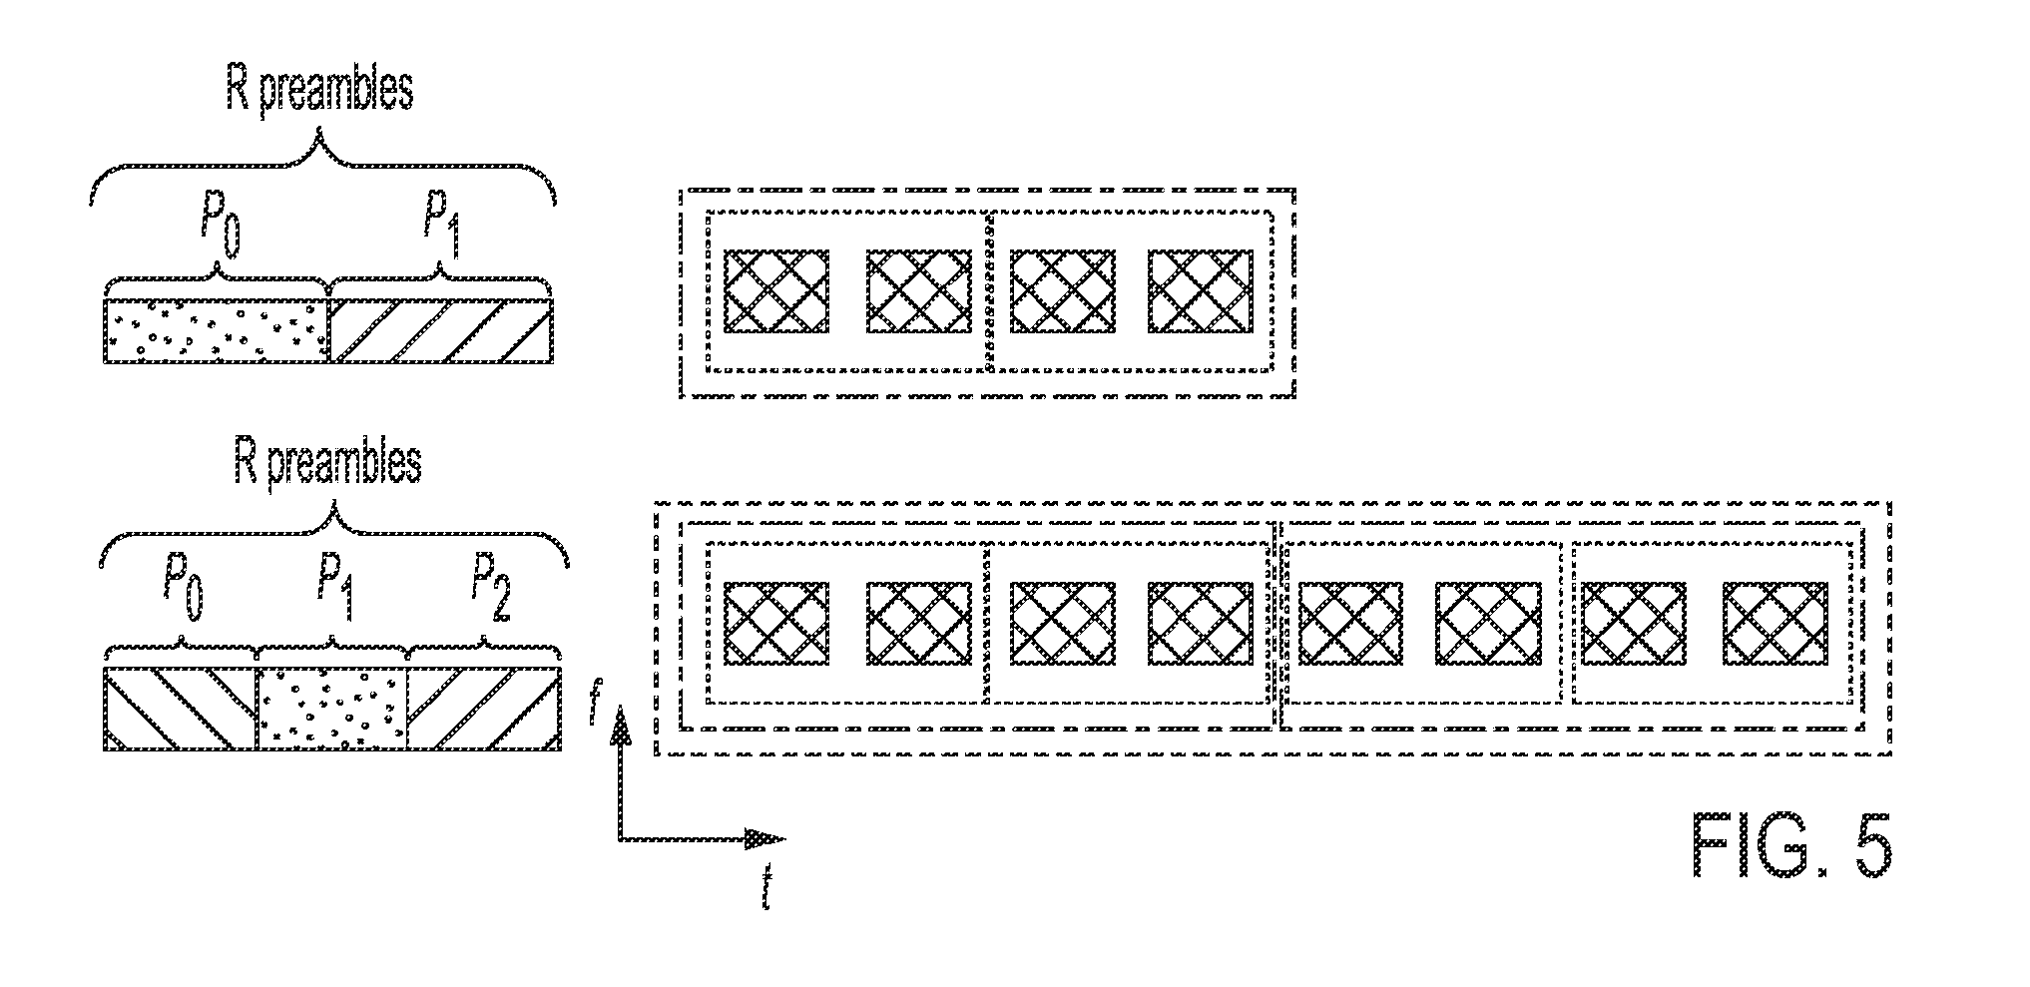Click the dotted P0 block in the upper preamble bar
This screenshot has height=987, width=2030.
(x=217, y=330)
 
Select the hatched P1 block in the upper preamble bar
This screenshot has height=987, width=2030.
(x=441, y=330)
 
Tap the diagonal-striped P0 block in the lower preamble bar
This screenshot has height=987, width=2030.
(x=181, y=708)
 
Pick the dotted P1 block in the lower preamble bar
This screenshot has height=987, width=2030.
(x=333, y=708)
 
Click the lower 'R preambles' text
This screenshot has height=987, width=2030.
(x=327, y=463)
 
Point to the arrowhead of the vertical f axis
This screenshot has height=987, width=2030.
(x=621, y=722)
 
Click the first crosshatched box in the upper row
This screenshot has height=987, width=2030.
(x=776, y=290)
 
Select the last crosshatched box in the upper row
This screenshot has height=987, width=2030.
(x=1201, y=290)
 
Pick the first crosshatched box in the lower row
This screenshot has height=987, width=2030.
(x=776, y=623)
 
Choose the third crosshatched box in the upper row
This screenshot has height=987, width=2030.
(x=1064, y=290)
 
